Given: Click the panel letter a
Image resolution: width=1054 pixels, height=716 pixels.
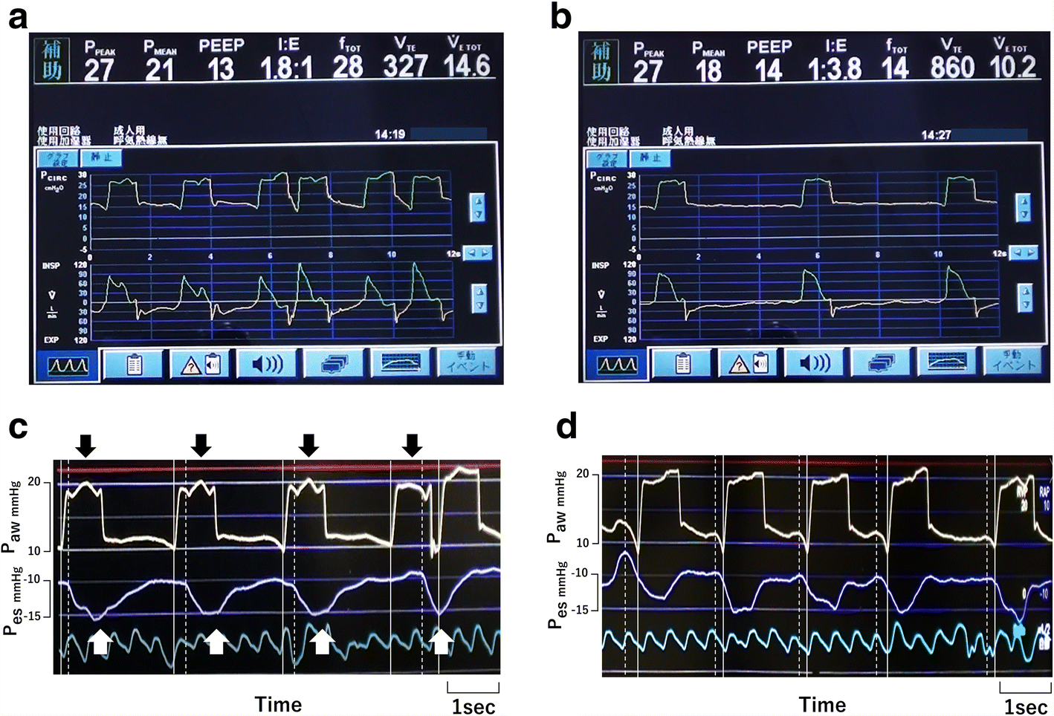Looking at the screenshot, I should coord(17,17).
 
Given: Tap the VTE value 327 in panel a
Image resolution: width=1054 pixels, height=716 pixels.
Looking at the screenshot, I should coord(406,67).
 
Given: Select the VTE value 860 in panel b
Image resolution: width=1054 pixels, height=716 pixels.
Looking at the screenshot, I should coord(952,68).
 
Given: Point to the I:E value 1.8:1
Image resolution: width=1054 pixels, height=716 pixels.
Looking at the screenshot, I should coord(286,69).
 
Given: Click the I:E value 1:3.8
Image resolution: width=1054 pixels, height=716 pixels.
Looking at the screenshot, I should coord(835,70).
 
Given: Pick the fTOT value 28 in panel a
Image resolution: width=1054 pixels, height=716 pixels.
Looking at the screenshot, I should coord(348,68).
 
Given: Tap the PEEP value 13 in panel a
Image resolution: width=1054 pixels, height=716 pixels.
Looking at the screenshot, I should coord(220,70).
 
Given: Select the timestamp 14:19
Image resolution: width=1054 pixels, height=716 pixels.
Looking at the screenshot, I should coord(389,134).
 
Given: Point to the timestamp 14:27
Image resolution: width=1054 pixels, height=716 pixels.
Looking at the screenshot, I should coord(936,135).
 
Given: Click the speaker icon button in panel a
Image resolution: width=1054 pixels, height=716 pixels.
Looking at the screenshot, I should coord(268,365).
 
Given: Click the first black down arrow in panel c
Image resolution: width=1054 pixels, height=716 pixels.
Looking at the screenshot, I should coord(86,446).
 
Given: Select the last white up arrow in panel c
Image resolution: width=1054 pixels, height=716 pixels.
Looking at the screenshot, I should coord(441,641).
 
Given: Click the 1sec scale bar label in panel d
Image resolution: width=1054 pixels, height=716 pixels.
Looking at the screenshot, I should coord(1025,706).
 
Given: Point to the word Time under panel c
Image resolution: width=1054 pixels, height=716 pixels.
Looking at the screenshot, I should coord(278,704).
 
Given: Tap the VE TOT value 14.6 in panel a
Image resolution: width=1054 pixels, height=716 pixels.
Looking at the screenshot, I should coord(467,66).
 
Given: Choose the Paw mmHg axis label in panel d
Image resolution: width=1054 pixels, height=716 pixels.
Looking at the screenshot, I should coord(558,507).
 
